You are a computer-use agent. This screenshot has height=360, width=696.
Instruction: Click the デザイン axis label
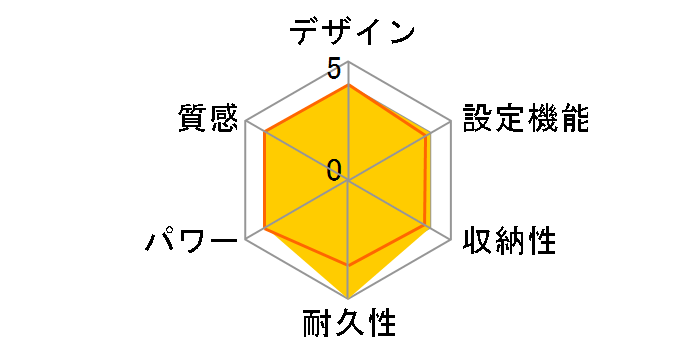click(x=351, y=31)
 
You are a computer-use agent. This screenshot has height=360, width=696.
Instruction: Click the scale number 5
click(x=334, y=70)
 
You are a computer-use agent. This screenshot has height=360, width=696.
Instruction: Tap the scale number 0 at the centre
click(x=334, y=169)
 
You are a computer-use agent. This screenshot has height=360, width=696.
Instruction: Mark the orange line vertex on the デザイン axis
click(x=348, y=86)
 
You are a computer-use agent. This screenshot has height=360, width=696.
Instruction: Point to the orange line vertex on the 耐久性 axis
click(x=348, y=265)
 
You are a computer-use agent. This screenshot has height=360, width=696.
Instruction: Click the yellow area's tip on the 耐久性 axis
click(x=348, y=298)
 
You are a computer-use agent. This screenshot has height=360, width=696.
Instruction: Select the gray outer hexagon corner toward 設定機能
click(x=451, y=122)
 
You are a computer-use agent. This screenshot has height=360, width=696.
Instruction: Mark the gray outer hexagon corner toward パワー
click(x=246, y=240)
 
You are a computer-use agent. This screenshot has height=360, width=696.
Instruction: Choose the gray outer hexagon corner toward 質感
click(x=246, y=122)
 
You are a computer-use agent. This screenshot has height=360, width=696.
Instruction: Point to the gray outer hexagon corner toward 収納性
click(x=451, y=240)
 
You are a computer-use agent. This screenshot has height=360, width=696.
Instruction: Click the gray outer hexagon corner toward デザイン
click(x=348, y=63)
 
